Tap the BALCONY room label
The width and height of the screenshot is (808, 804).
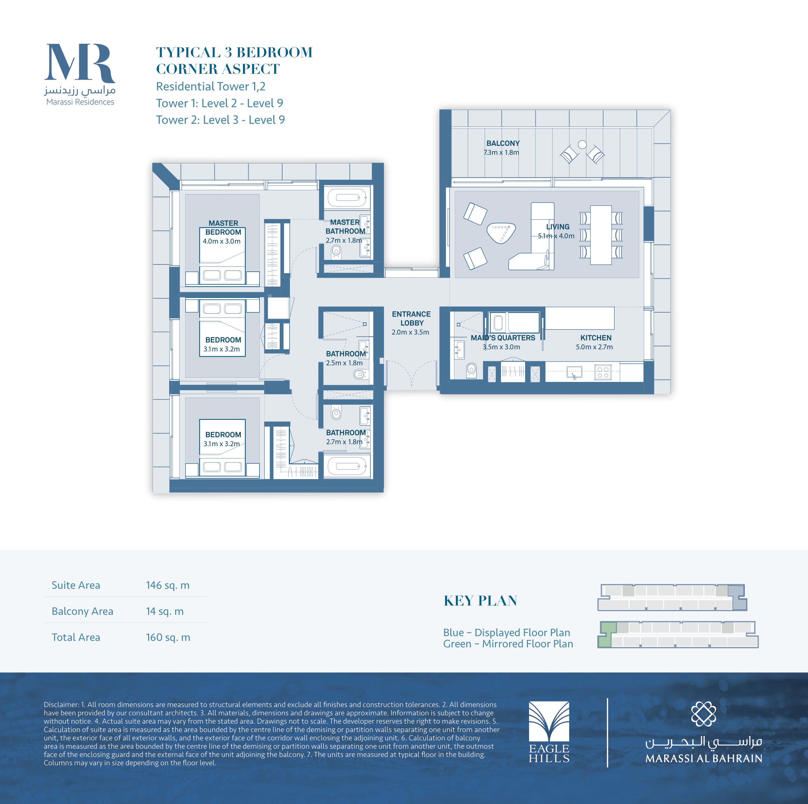click(x=503, y=143)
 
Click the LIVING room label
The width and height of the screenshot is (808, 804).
click(x=557, y=227)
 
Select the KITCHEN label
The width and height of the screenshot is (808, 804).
click(x=595, y=337)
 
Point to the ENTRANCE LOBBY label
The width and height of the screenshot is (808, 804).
click(x=411, y=319)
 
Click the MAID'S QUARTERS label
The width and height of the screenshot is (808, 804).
click(x=503, y=337)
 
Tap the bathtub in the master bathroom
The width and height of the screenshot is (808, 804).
click(x=348, y=198)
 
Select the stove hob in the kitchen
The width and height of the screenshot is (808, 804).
click(x=602, y=372)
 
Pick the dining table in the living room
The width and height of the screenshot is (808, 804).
click(x=601, y=235)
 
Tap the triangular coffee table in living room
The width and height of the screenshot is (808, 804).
click(x=501, y=232)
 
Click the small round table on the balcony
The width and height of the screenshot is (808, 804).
click(x=582, y=144)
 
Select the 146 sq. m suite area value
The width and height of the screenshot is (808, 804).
click(x=168, y=585)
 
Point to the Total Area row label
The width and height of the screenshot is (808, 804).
click(x=76, y=637)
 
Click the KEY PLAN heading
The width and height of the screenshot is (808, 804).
click(x=480, y=600)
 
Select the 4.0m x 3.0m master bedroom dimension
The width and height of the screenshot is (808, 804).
click(x=222, y=241)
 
